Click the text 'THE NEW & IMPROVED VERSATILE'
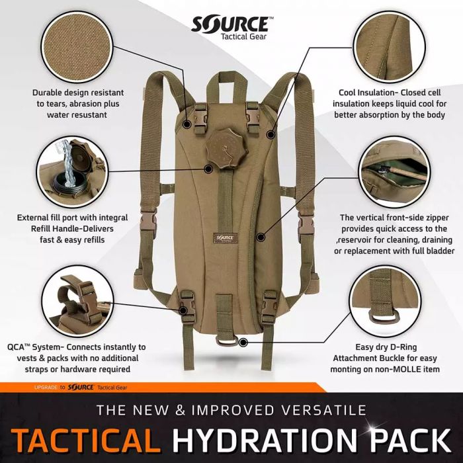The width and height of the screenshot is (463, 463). coord(231,410)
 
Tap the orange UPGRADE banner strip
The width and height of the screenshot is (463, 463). coord(86,387)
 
